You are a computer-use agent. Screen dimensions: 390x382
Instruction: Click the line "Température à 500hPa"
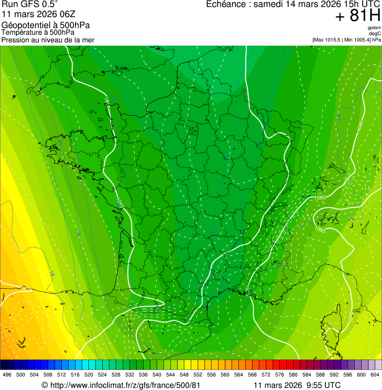pyautogui.click(x=38, y=33)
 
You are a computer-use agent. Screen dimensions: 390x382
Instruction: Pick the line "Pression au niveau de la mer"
pyautogui.click(x=48, y=40)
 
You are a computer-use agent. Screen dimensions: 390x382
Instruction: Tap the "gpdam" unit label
pyautogui.click(x=374, y=28)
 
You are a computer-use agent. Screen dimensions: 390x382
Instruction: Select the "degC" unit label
pyautogui.click(x=375, y=33)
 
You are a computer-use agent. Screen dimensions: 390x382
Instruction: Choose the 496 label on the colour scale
pyautogui.click(x=7, y=375)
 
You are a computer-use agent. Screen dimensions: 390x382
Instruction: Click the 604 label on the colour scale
pyautogui.click(x=375, y=375)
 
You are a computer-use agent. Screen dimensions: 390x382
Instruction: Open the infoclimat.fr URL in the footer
pyautogui.click(x=125, y=385)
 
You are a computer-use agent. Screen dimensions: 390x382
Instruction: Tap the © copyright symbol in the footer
pyautogui.click(x=44, y=385)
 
